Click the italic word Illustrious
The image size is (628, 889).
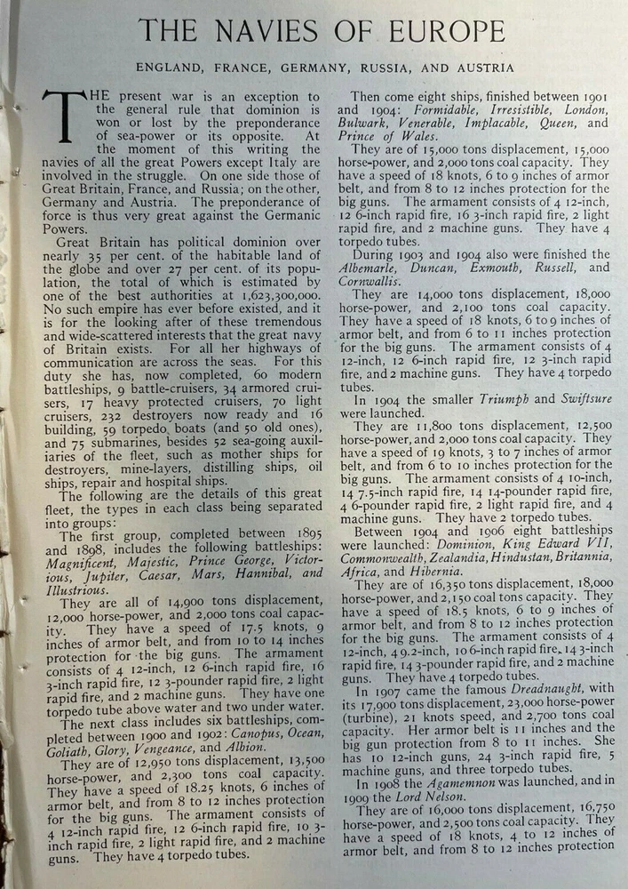tap(74, 590)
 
